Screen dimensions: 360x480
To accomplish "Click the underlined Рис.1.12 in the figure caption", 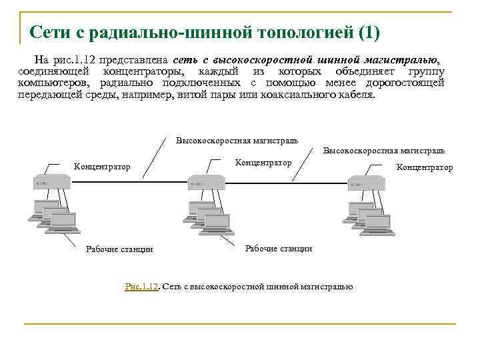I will click(142, 287).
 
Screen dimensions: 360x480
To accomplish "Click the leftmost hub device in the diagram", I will click(51, 181).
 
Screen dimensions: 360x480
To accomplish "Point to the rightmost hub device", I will click(365, 181).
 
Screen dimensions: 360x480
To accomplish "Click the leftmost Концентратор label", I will click(102, 167).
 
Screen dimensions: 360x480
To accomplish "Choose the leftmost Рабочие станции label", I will click(119, 249).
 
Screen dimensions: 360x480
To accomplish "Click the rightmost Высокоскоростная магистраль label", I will click(384, 151).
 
